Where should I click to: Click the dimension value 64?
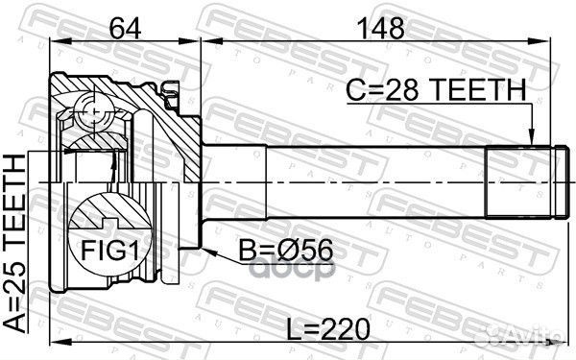point(125,29)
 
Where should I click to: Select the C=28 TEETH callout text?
point(437,89)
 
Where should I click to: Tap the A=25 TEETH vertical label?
point(15,243)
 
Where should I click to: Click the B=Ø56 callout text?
point(286,251)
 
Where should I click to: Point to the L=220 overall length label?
point(327,330)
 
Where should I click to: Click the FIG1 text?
point(109,251)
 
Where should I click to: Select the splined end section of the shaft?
point(518,182)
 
